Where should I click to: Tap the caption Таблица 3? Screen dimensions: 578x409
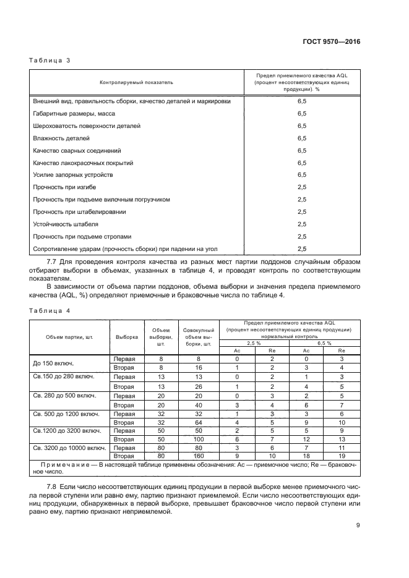(50, 61)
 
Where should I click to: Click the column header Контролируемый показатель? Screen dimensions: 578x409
(137, 82)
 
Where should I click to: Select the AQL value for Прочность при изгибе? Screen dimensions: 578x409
(302, 187)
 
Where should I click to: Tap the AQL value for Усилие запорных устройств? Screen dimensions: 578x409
(302, 175)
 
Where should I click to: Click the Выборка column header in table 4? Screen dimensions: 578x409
(127, 338)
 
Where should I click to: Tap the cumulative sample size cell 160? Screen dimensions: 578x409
(199, 456)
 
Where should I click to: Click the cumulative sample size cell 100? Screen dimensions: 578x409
(199, 438)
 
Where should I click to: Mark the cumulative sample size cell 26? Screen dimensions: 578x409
(199, 386)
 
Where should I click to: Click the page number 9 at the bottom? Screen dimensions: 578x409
(358, 526)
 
